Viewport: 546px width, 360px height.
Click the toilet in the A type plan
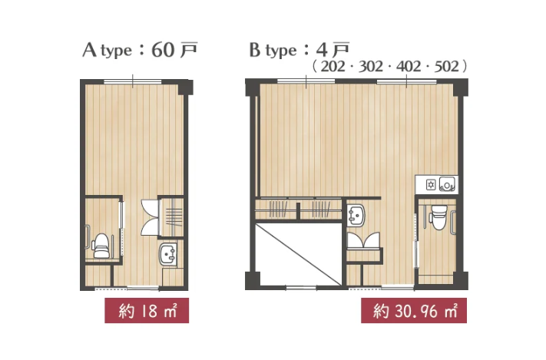[x=101, y=246]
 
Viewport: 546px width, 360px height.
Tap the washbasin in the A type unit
[x=168, y=255]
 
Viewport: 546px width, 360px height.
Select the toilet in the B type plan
[x=438, y=217]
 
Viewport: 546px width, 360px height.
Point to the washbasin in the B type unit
[x=356, y=216]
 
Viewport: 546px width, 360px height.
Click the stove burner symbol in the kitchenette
[x=431, y=184]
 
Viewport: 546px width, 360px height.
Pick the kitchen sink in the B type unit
[x=447, y=184]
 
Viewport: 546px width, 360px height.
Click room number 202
[x=333, y=66]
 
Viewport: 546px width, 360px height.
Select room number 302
[x=370, y=66]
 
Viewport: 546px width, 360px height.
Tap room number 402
[x=409, y=66]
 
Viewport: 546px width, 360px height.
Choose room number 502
[x=446, y=66]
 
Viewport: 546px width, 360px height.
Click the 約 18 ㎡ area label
[x=147, y=311]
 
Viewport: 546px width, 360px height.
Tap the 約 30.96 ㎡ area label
[x=414, y=311]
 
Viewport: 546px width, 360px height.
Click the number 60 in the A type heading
[x=163, y=50]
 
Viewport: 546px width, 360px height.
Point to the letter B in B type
[x=255, y=50]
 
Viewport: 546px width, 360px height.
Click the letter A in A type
[x=89, y=50]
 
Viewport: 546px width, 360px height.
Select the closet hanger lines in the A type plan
[x=174, y=217]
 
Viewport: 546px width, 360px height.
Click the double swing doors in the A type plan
[x=150, y=217]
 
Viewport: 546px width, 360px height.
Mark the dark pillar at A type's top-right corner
[x=186, y=88]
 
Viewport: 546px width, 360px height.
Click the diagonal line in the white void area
[x=298, y=255]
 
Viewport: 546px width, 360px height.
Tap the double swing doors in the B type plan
[x=364, y=240]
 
